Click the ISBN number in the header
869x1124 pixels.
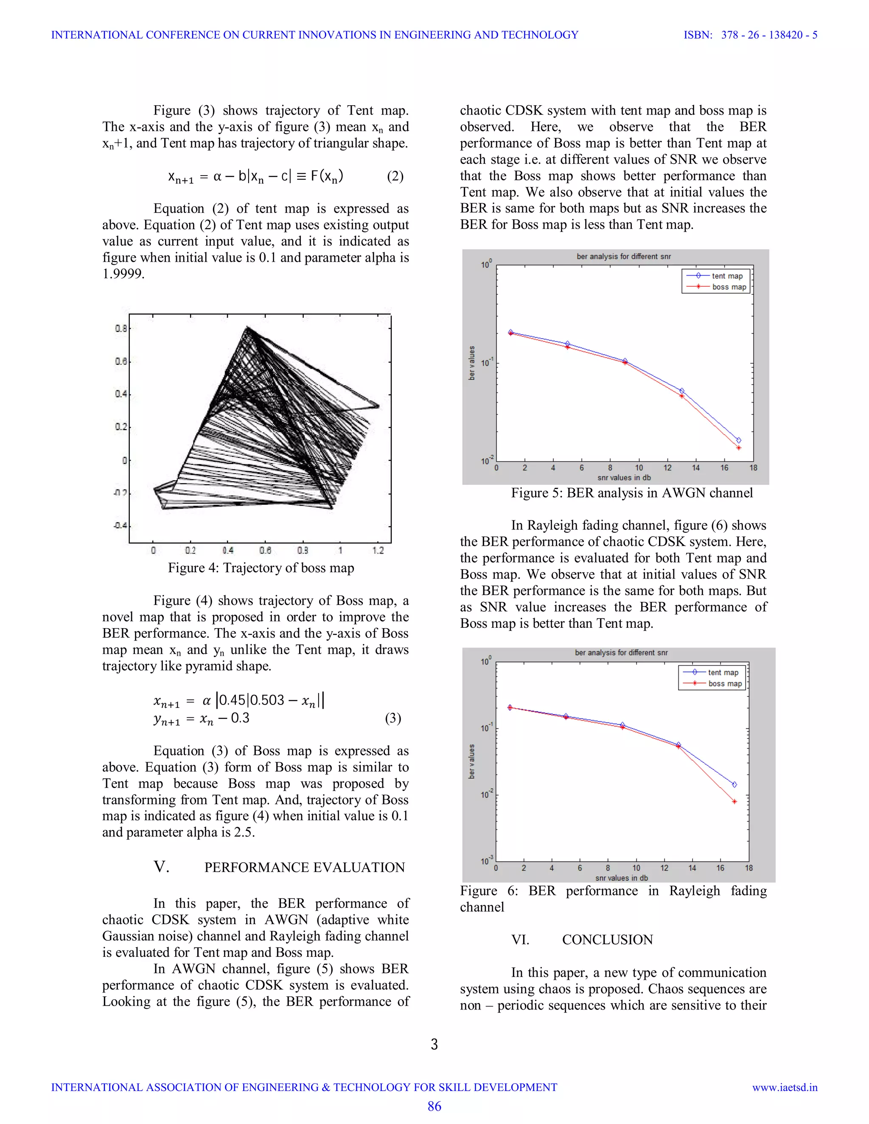pyautogui.click(x=769, y=35)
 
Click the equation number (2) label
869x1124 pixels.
pyautogui.click(x=395, y=176)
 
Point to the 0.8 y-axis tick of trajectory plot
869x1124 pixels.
pyautogui.click(x=121, y=328)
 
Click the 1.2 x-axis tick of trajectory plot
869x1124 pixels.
pyautogui.click(x=378, y=551)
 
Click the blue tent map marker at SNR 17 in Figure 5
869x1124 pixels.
pyautogui.click(x=738, y=440)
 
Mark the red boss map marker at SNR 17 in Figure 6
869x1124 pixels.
pyautogui.click(x=734, y=801)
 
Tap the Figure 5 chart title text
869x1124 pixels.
pyautogui.click(x=623, y=256)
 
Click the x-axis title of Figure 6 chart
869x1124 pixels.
pyautogui.click(x=621, y=878)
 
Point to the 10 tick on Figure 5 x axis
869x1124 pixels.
pyautogui.click(x=639, y=468)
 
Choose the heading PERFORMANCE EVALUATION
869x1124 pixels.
pyautogui.click(x=304, y=867)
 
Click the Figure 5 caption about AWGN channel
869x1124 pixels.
pyautogui.click(x=632, y=492)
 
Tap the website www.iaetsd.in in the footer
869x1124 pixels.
pyautogui.click(x=785, y=1087)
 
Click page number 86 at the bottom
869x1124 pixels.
pyautogui.click(x=434, y=1106)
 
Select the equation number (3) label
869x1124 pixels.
pyautogui.click(x=393, y=718)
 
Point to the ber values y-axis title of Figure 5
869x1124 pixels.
pyautogui.click(x=471, y=363)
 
